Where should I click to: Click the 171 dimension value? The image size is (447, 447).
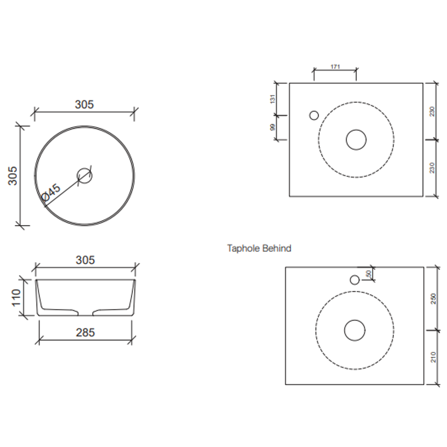pos(335,66)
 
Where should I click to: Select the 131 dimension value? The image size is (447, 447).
pos(273,99)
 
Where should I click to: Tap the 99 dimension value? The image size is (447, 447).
pos(273,127)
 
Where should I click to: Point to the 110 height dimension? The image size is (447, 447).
pos(16,298)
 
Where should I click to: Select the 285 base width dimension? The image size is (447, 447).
pos(85,332)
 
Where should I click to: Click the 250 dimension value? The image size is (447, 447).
pos(433,298)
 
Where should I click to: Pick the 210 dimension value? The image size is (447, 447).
pos(433,357)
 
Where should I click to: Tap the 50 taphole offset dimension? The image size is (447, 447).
pos(369,274)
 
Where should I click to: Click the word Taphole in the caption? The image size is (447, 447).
pos(243,248)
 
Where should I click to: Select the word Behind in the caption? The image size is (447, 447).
pos(277,248)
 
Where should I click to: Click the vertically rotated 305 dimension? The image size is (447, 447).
pos(13,176)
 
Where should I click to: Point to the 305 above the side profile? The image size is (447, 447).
pos(85,260)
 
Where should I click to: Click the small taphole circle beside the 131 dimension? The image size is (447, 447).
pos(314,115)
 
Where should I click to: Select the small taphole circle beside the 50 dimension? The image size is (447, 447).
pos(355,280)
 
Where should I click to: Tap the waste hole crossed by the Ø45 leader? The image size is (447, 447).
pos(85,175)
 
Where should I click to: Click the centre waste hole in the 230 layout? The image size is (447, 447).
pos(356,140)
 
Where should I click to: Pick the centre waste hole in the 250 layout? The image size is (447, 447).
pos(355,330)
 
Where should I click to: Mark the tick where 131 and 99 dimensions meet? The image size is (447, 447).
pos(276,115)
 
